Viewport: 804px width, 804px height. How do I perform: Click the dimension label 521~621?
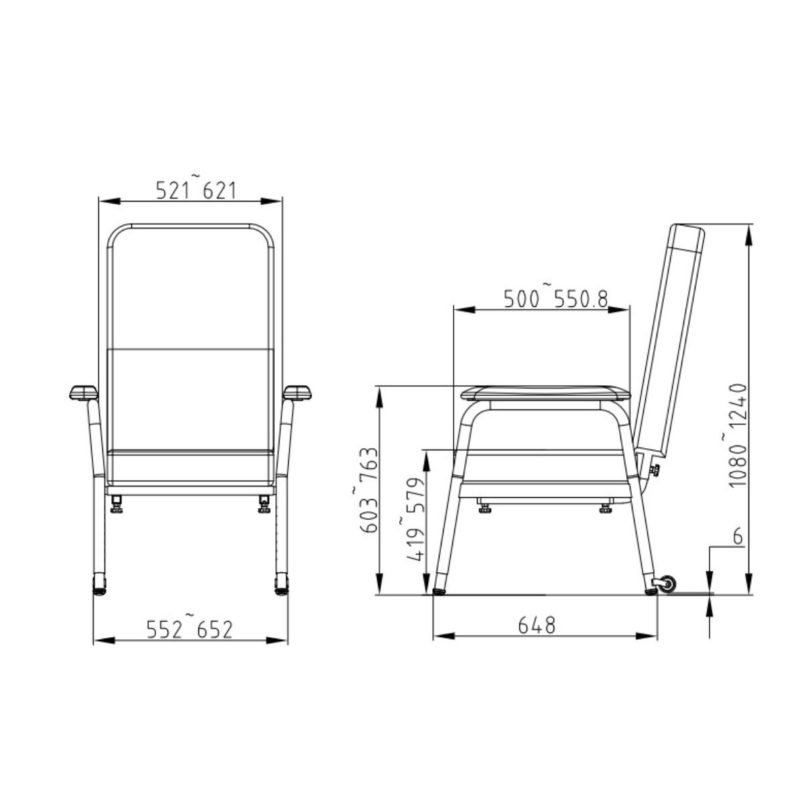click(x=196, y=191)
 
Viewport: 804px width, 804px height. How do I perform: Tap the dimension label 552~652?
click(x=190, y=630)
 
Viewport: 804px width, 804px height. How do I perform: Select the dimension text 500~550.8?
click(x=555, y=299)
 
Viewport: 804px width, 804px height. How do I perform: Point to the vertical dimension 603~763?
click(x=369, y=490)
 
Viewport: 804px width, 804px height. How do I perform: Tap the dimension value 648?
click(x=537, y=626)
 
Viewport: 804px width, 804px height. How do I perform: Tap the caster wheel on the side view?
click(x=668, y=585)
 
